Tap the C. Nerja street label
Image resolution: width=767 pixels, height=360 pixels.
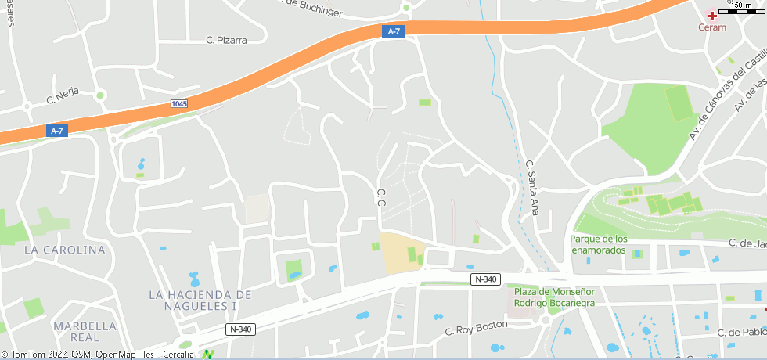click(x=63, y=99)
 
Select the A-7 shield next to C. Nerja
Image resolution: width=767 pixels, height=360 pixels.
click(x=56, y=131)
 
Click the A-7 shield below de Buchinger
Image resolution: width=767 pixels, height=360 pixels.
click(x=394, y=31)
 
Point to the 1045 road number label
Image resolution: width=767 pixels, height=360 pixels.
click(x=178, y=103)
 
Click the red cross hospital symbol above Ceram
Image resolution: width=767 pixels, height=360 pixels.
click(x=712, y=16)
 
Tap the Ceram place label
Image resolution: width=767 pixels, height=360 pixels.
click(x=712, y=27)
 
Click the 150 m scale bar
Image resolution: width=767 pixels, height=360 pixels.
click(x=741, y=7)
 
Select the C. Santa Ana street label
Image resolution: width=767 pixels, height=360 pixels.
click(x=532, y=188)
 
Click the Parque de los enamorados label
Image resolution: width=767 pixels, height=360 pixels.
click(x=599, y=244)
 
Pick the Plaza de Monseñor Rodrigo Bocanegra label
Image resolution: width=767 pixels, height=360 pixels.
click(x=554, y=296)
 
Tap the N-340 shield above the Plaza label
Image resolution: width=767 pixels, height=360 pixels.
click(x=485, y=279)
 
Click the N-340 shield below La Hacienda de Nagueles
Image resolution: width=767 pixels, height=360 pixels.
click(x=241, y=329)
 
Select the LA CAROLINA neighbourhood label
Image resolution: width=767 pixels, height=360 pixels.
click(x=64, y=250)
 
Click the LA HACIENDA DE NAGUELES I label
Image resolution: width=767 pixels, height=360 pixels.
click(x=200, y=301)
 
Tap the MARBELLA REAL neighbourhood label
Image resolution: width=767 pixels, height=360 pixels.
click(x=85, y=332)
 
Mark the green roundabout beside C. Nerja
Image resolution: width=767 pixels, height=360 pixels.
click(x=100, y=95)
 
